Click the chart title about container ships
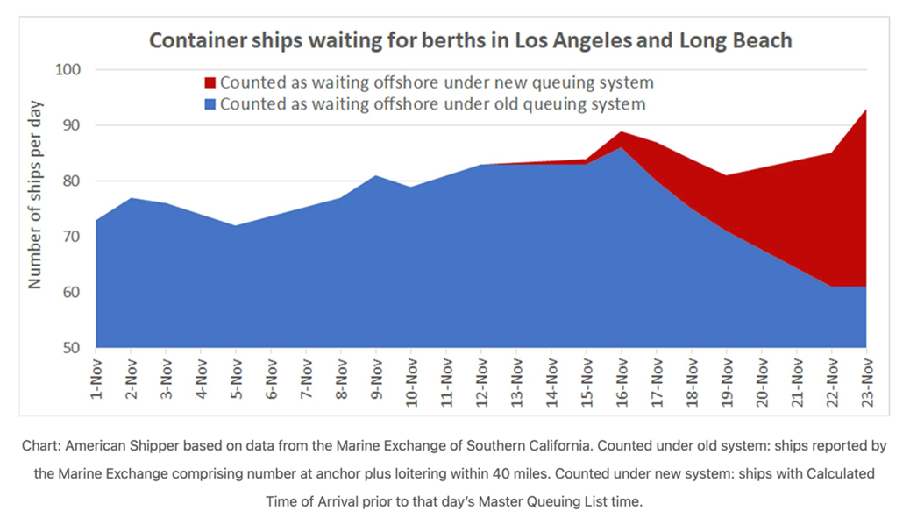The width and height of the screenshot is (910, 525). pyautogui.click(x=470, y=40)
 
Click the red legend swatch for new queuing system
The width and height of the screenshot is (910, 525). pyautogui.click(x=210, y=83)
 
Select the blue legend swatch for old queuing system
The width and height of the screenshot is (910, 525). pyautogui.click(x=210, y=104)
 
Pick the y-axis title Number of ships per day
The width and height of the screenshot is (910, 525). pyautogui.click(x=35, y=195)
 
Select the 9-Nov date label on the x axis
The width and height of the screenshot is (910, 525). pyautogui.click(x=376, y=378)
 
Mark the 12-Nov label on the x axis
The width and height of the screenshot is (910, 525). pyautogui.click(x=481, y=381)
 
